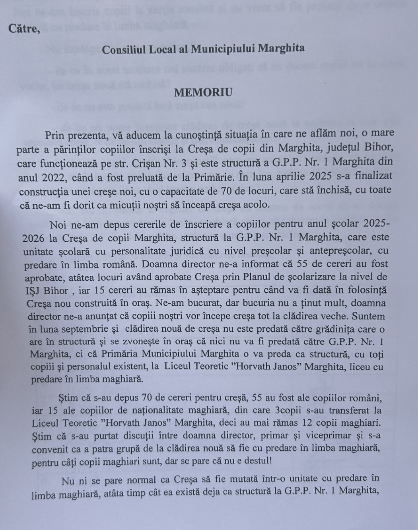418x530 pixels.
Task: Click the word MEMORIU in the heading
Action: [x=203, y=92]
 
